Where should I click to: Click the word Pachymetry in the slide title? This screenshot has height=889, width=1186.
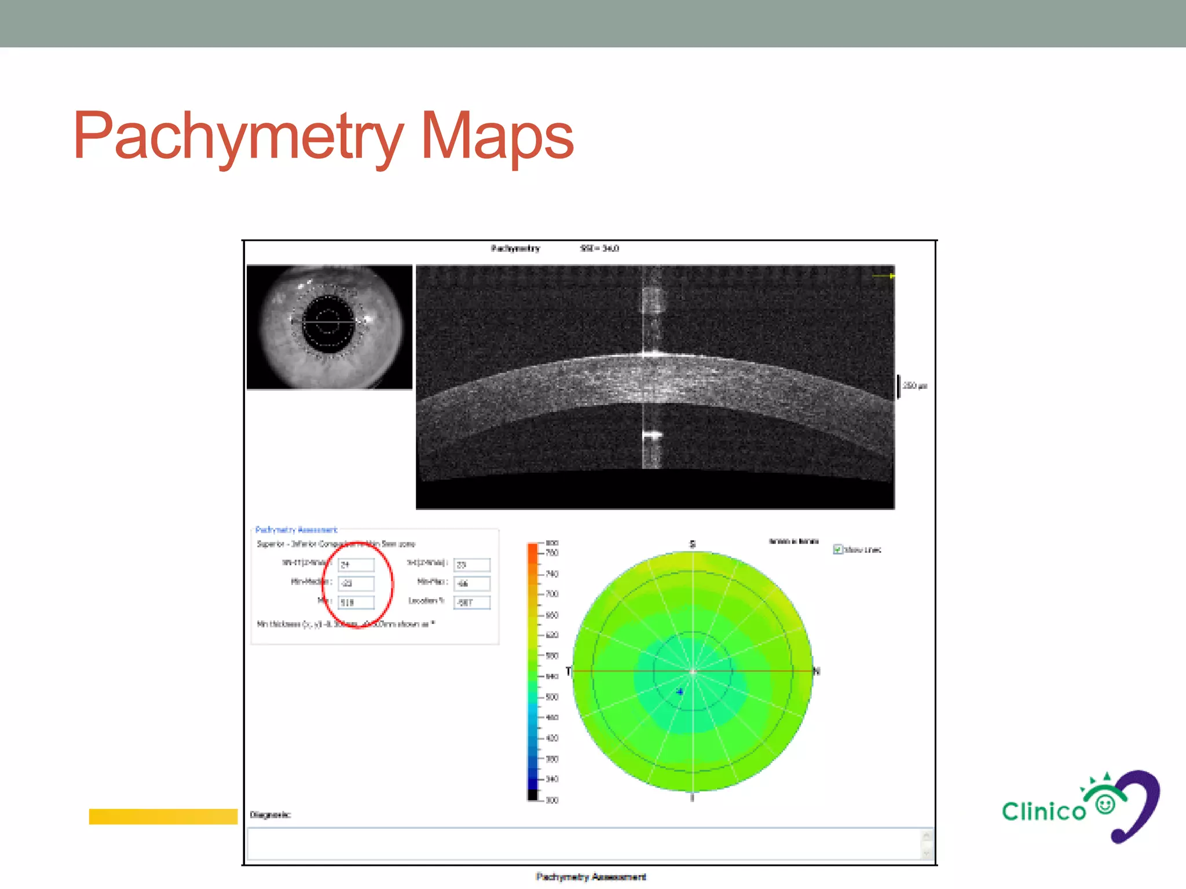click(237, 137)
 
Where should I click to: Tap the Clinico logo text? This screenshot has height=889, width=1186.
click(1044, 811)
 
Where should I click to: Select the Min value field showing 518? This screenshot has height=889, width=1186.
click(356, 603)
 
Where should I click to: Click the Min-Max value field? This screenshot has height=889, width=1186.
click(472, 583)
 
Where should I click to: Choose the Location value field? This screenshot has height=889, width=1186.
click(472, 603)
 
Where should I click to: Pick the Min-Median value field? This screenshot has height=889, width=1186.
click(356, 583)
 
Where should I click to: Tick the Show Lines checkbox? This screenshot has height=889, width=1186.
click(837, 549)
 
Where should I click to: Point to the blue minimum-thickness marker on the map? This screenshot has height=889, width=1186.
click(680, 691)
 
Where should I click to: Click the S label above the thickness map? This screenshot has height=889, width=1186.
click(692, 544)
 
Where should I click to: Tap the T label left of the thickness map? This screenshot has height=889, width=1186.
click(568, 671)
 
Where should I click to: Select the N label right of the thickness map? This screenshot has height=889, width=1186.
click(817, 671)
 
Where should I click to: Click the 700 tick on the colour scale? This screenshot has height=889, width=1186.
click(552, 594)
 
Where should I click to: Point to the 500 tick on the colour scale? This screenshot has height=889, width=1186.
click(552, 697)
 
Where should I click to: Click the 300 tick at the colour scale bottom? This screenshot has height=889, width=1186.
click(552, 800)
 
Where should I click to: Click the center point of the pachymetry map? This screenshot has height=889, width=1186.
click(693, 671)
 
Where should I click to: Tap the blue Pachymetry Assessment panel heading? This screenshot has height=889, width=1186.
click(296, 530)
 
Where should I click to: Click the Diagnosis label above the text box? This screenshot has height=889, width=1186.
click(270, 815)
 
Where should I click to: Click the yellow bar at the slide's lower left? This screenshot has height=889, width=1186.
click(163, 816)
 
